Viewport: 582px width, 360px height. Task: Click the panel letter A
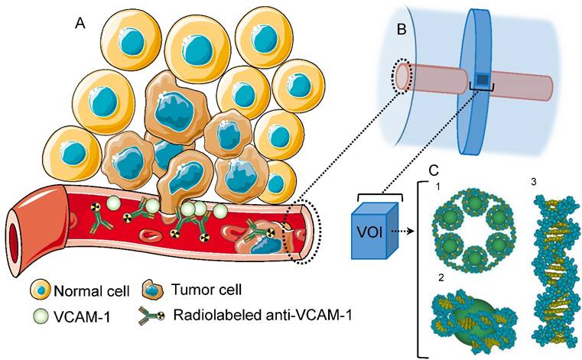click(x=79, y=24)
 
